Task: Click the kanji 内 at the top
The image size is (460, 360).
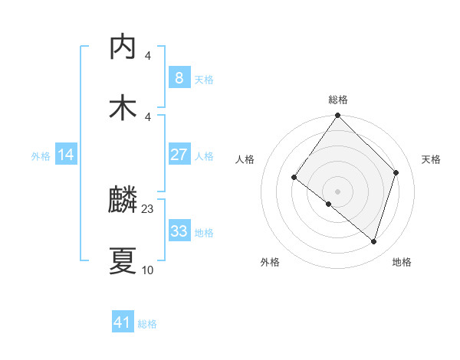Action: [x=123, y=47]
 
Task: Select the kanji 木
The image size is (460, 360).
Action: [x=123, y=108]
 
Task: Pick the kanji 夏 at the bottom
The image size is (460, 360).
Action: [x=123, y=261]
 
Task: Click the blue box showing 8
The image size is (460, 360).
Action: [x=179, y=77]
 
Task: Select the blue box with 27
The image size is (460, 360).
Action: [x=179, y=155]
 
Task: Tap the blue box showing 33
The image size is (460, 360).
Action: [x=179, y=231]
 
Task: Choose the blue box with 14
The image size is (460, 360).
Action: [x=66, y=155]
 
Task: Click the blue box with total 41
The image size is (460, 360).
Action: [x=123, y=322]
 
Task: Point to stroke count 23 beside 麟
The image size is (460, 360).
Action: [x=148, y=209]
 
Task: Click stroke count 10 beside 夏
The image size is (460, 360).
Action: [x=148, y=270]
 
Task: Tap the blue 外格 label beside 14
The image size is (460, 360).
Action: [x=41, y=155]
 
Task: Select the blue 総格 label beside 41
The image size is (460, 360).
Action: [x=147, y=324]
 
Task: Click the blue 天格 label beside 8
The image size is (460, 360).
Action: [x=204, y=79]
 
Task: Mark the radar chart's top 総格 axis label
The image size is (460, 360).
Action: [x=338, y=100]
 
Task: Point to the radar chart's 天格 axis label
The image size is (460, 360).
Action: [x=432, y=159]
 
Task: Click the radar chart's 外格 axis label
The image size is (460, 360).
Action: [x=270, y=262]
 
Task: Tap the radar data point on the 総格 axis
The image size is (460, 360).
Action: [x=337, y=116]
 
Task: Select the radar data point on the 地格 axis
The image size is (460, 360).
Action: [x=374, y=241]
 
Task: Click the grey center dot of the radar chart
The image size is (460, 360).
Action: [x=337, y=191]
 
